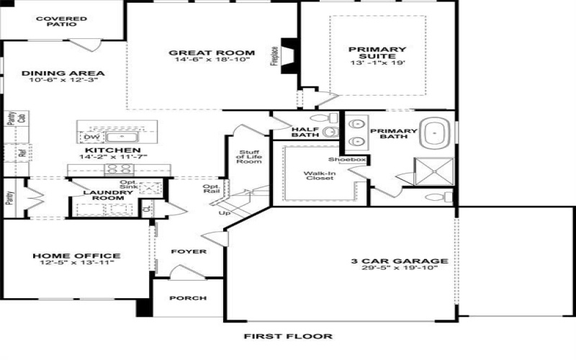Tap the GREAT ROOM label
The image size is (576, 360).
[x=212, y=53]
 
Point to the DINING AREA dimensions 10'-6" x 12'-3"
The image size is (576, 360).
[x=63, y=80]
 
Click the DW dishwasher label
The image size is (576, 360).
[x=89, y=136]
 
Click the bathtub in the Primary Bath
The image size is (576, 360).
[x=436, y=133]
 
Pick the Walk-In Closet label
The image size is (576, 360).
[x=318, y=176]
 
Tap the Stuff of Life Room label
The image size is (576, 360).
[x=249, y=157]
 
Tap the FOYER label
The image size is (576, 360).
[x=189, y=252]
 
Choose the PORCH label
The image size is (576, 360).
[x=187, y=298]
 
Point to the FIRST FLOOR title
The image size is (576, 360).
[x=288, y=336]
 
